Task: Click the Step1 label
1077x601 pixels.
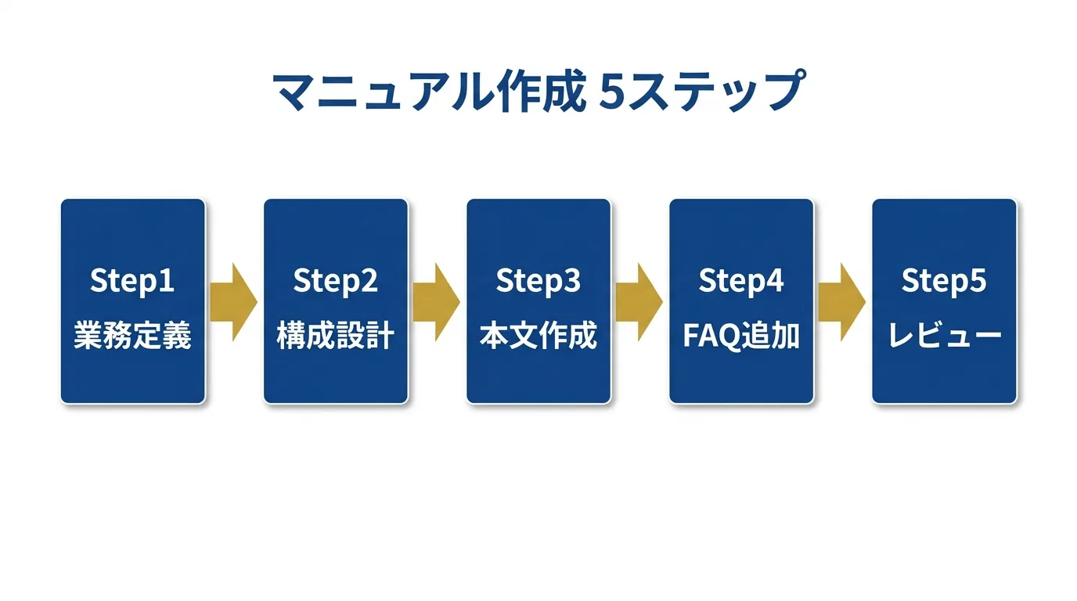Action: [x=132, y=281]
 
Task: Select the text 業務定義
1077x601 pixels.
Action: [x=132, y=336]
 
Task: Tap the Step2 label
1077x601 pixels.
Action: [x=335, y=281]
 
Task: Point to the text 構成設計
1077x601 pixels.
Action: [x=335, y=336]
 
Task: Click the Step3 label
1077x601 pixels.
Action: [x=538, y=281]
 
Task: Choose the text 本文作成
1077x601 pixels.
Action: [x=538, y=336]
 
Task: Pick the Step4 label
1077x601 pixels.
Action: [x=741, y=281]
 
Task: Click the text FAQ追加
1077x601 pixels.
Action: [x=741, y=336]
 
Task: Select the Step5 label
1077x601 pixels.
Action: [x=944, y=281]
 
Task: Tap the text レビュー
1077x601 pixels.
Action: [x=944, y=336]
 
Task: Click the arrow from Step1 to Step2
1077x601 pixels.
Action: [x=233, y=302]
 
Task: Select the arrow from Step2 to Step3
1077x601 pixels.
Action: [x=436, y=302]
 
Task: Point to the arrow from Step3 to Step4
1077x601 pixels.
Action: [x=639, y=302]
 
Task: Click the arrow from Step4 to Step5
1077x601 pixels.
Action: [x=841, y=302]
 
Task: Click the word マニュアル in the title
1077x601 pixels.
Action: [x=384, y=93]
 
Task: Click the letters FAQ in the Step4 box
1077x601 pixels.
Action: [x=711, y=336]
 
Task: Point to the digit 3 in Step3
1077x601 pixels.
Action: [x=572, y=281]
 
